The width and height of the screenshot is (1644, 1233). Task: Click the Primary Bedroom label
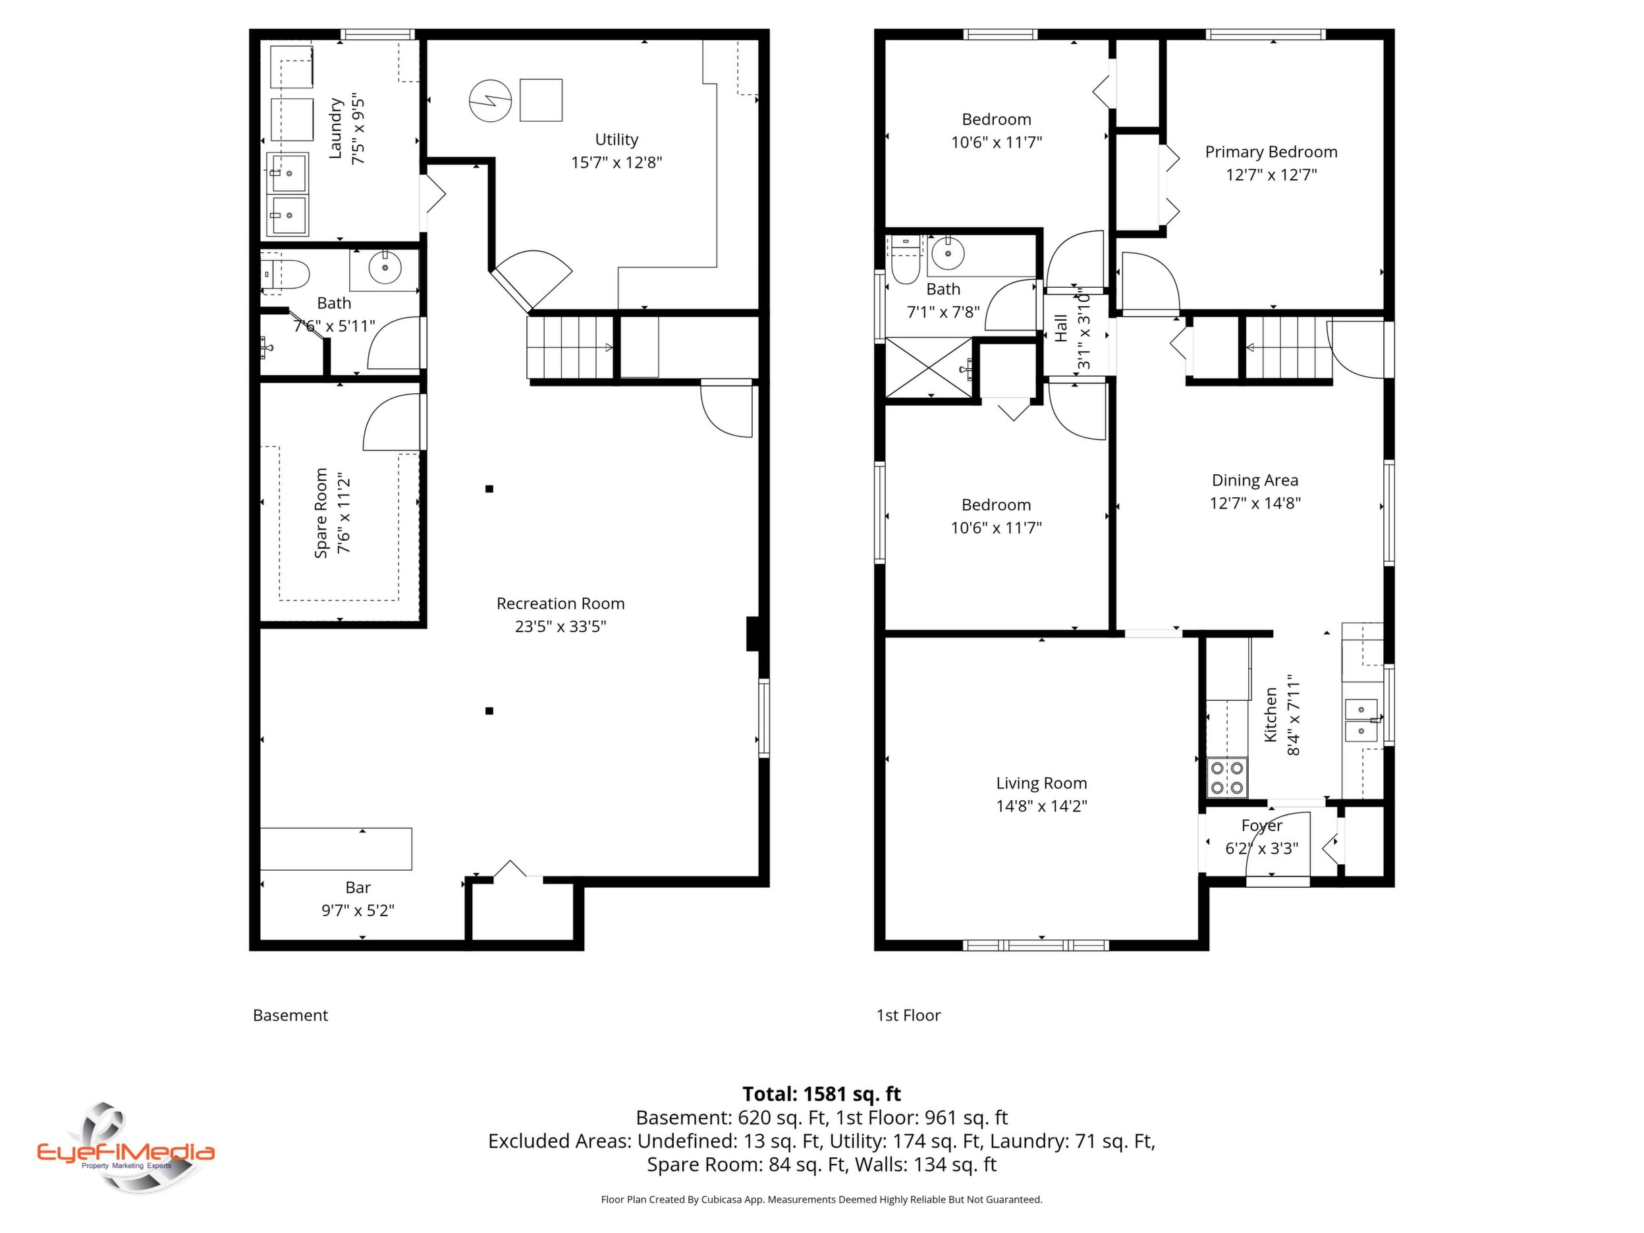coord(1271,152)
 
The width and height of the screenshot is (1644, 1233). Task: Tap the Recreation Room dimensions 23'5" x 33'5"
coord(561,626)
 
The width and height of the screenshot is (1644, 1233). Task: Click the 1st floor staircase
coord(1288,348)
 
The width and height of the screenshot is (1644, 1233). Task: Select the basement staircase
coord(570,347)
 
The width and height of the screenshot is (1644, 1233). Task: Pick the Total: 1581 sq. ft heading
coord(821,1095)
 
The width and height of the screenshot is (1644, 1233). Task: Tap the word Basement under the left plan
coord(290,1015)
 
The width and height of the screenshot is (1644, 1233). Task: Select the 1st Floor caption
coord(908,1015)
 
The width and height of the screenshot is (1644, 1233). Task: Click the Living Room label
coord(1041,783)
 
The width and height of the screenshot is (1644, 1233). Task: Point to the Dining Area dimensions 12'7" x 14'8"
coord(1255,503)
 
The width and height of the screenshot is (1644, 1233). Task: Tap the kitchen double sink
coord(1361,720)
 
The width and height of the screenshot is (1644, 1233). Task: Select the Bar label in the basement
coord(358,887)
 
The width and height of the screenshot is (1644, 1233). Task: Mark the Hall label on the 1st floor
coord(1061,328)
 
